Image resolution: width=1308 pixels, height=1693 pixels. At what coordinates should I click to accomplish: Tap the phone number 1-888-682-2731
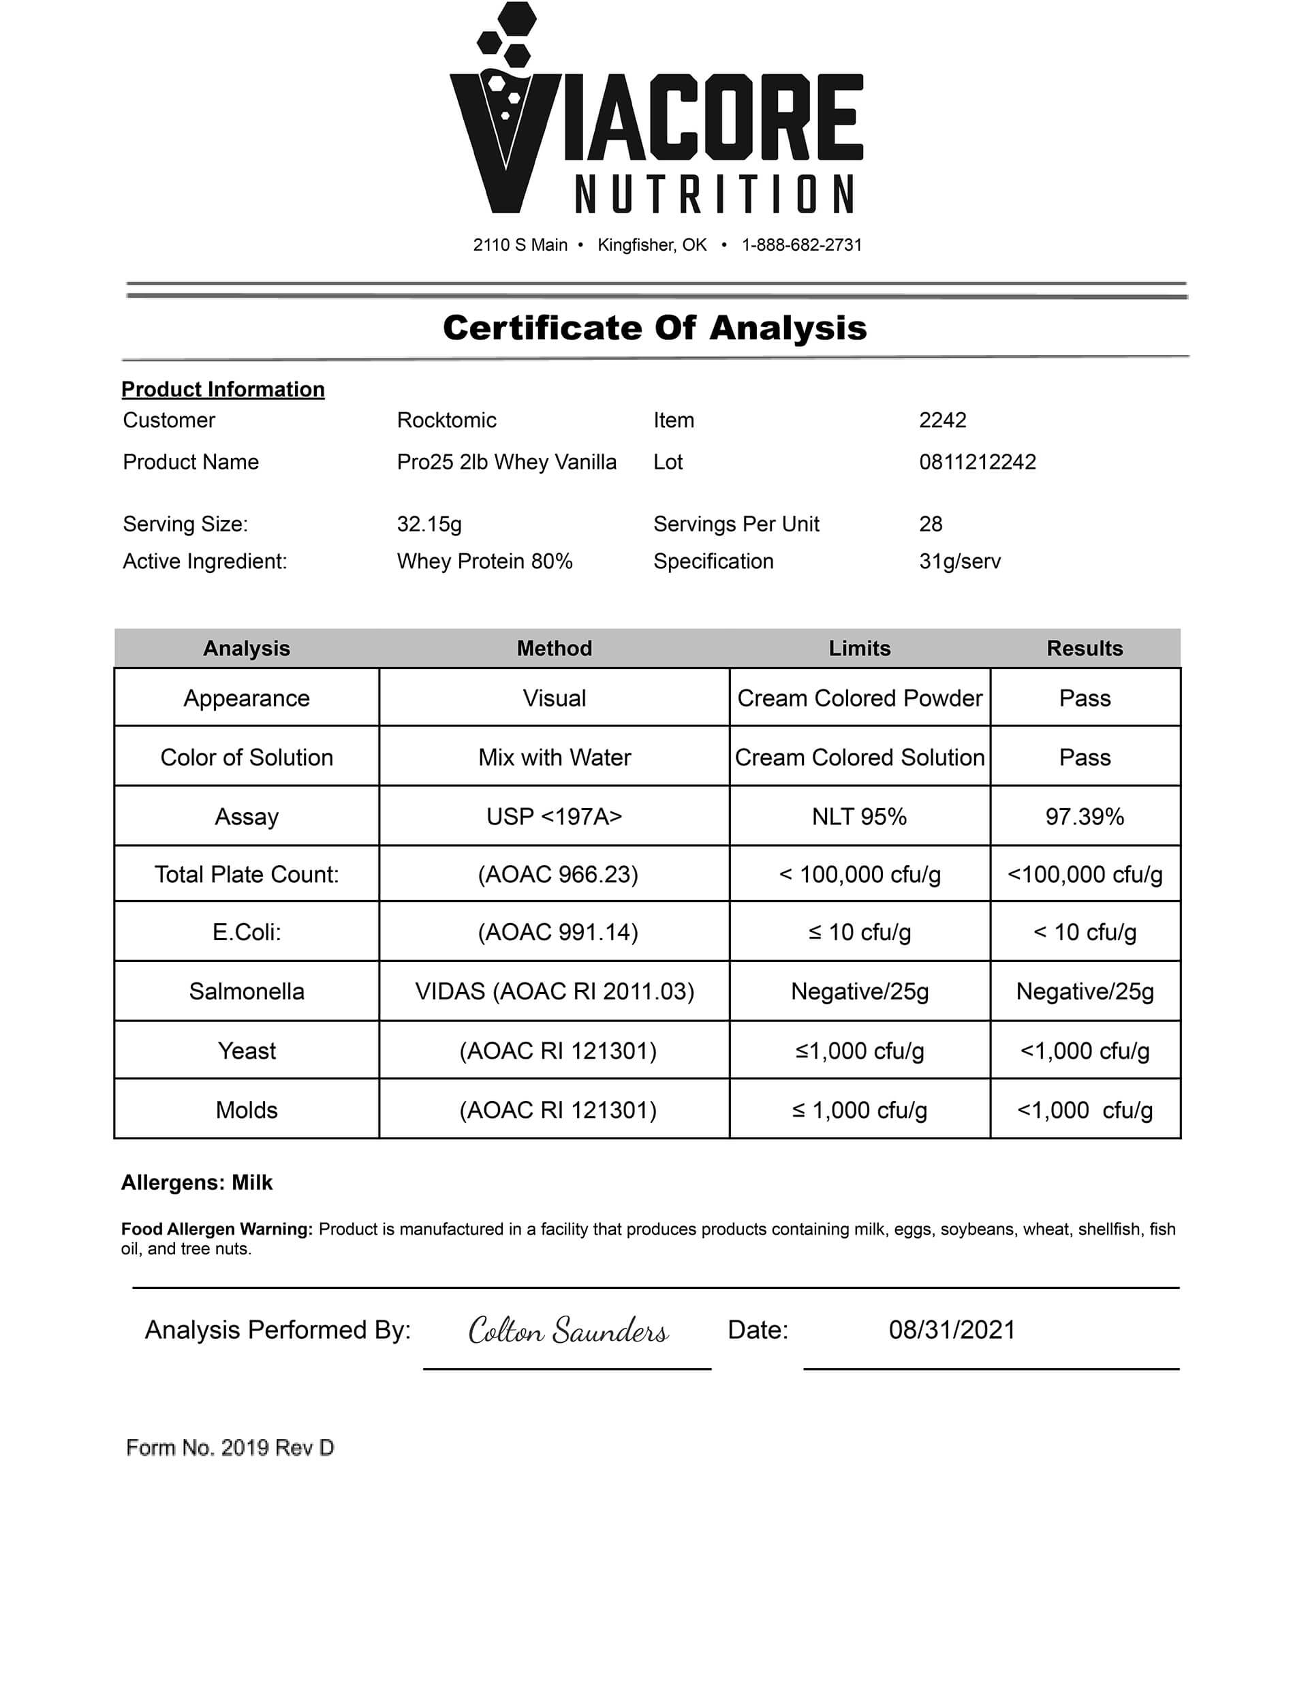tap(801, 245)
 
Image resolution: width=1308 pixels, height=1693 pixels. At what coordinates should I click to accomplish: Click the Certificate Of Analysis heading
tap(655, 328)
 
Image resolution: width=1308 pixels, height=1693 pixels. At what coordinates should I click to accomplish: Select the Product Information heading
tap(223, 389)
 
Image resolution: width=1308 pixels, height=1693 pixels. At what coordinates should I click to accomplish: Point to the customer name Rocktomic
tap(447, 420)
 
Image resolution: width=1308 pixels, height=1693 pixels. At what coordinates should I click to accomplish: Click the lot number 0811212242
tap(977, 462)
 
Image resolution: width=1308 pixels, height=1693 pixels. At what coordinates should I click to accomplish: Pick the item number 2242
tap(942, 420)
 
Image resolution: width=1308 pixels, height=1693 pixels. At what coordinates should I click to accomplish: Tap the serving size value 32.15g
tap(429, 524)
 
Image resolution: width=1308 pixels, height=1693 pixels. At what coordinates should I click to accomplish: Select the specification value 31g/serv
tap(959, 561)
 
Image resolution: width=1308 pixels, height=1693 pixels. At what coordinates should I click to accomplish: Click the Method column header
tap(554, 648)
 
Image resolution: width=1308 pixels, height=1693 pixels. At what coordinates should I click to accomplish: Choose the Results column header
tap(1084, 648)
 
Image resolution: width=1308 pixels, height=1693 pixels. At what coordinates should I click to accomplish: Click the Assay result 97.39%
tap(1084, 816)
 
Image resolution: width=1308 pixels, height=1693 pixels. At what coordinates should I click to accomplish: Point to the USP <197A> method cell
tap(554, 816)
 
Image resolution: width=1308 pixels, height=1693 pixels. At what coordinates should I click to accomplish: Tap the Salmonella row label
tap(247, 991)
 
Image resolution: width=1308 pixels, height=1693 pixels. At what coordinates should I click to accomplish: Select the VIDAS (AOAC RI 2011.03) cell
tap(554, 991)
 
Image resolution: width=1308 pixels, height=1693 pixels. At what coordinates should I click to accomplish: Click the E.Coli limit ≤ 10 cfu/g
tap(859, 932)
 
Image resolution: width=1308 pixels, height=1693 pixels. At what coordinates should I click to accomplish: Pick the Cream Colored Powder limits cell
tap(859, 698)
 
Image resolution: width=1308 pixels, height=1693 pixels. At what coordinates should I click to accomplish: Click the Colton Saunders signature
tap(567, 1330)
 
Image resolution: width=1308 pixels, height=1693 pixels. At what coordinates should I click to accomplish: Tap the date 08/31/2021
tap(951, 1330)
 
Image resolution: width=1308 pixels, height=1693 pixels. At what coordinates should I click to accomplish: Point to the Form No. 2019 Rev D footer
tap(230, 1447)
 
